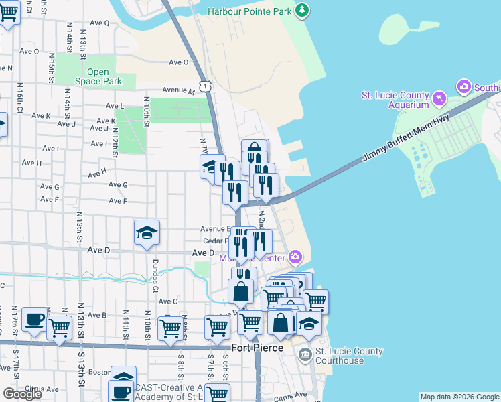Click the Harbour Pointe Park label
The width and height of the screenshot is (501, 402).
[250, 11]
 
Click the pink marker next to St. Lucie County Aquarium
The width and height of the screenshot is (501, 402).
[439, 99]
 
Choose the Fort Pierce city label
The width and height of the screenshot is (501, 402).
[257, 348]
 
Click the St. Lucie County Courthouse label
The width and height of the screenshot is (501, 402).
[349, 356]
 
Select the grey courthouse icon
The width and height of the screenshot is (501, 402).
[305, 353]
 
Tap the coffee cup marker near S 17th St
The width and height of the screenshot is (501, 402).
[33, 320]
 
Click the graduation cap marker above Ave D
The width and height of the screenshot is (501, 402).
[147, 232]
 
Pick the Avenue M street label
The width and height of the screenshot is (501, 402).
[177, 91]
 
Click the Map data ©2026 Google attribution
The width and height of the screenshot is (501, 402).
[459, 397]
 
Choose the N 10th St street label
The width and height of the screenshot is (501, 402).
[145, 111]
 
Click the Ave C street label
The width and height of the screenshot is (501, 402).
[167, 301]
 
